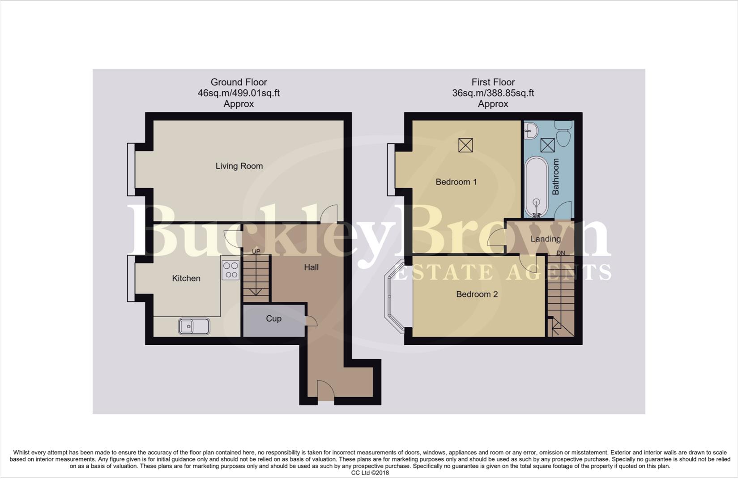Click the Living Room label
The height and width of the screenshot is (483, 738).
pyautogui.click(x=239, y=166)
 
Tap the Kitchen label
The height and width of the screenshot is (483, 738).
pyautogui.click(x=186, y=278)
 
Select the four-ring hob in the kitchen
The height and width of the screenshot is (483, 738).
pyautogui.click(x=230, y=270)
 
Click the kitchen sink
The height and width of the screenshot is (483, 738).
pyautogui.click(x=194, y=326)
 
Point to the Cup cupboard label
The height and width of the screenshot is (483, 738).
pyautogui.click(x=273, y=318)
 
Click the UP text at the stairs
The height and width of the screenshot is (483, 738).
pyautogui.click(x=256, y=251)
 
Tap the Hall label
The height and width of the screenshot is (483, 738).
pyautogui.click(x=311, y=267)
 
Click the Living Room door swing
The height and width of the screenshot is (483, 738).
pyautogui.click(x=329, y=213)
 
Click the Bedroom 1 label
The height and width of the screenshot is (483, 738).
pyautogui.click(x=456, y=182)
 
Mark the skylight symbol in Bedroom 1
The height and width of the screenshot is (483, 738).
pyautogui.click(x=465, y=145)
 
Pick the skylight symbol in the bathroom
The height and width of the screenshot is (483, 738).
pyautogui.click(x=547, y=145)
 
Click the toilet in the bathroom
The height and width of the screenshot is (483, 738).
pyautogui.click(x=563, y=130)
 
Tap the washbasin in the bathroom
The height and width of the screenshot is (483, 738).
pyautogui.click(x=532, y=130)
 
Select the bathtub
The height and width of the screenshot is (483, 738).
pyautogui.click(x=536, y=187)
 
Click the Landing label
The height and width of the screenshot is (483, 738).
pyautogui.click(x=545, y=239)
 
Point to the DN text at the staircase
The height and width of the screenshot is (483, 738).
pyautogui.click(x=560, y=253)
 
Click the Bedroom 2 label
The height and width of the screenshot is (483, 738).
pyautogui.click(x=477, y=294)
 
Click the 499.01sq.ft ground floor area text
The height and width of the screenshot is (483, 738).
pyautogui.click(x=255, y=93)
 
